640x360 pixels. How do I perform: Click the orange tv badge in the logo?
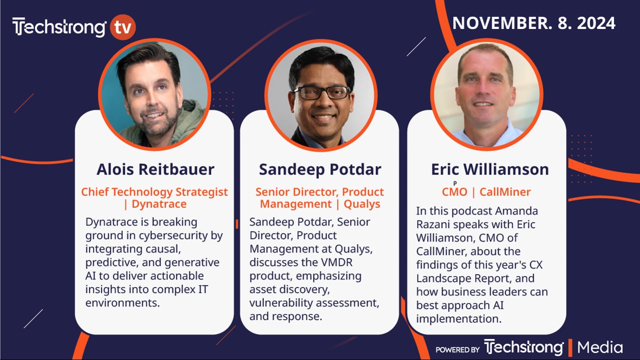tap(123, 27)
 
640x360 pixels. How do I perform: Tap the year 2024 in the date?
tap(596, 23)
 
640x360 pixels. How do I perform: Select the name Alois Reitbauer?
tap(155, 169)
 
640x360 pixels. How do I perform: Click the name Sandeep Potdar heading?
tap(320, 169)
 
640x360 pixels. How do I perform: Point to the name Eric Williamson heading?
tap(490, 169)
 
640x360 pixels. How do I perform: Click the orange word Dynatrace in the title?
tap(159, 204)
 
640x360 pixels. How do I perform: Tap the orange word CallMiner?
tap(505, 191)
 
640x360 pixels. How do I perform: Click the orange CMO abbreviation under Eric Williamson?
tap(454, 191)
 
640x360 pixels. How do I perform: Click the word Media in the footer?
tap(599, 347)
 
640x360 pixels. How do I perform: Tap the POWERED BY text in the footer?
tap(457, 349)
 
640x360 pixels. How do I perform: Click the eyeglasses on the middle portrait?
tap(322, 93)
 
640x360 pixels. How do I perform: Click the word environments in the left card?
tap(122, 303)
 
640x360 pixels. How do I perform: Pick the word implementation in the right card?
tap(459, 319)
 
